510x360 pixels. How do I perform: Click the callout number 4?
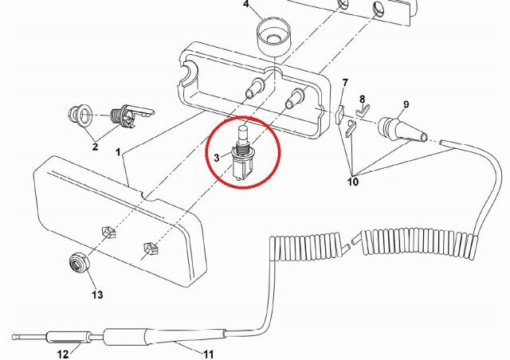246,4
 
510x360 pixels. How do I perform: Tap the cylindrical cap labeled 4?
274,37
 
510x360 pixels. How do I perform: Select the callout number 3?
217,158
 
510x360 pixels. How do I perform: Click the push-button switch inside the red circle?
242,152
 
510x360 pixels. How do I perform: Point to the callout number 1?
118,152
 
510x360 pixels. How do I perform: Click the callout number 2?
95,147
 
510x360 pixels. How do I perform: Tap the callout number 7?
345,83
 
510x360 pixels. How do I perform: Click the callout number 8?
363,99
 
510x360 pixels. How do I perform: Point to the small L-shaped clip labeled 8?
362,111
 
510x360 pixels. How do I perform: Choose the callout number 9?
406,104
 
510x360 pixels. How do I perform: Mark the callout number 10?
353,181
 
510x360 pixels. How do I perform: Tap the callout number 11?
209,354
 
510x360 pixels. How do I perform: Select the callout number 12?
63,354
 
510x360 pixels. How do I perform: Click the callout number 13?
97,295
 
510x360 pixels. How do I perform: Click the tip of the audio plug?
14,337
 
